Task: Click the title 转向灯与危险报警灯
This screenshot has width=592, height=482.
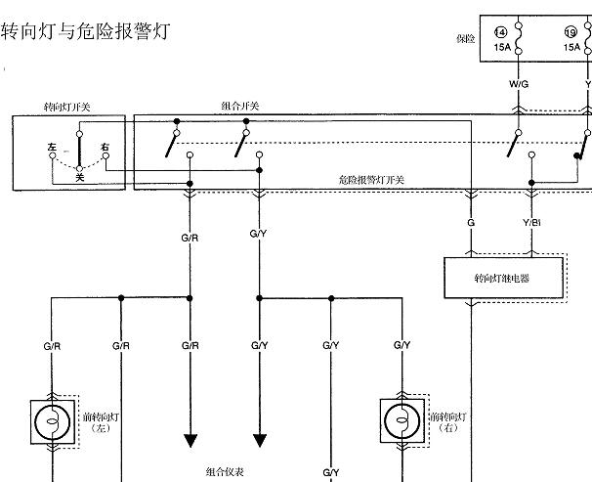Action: (x=86, y=31)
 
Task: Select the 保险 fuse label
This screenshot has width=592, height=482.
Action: (x=465, y=39)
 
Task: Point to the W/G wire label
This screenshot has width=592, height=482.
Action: (x=518, y=84)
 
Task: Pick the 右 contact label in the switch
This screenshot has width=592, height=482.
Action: (x=104, y=147)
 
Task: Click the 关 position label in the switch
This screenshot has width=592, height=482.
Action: (x=80, y=177)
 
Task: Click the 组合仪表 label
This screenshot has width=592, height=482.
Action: (x=225, y=471)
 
